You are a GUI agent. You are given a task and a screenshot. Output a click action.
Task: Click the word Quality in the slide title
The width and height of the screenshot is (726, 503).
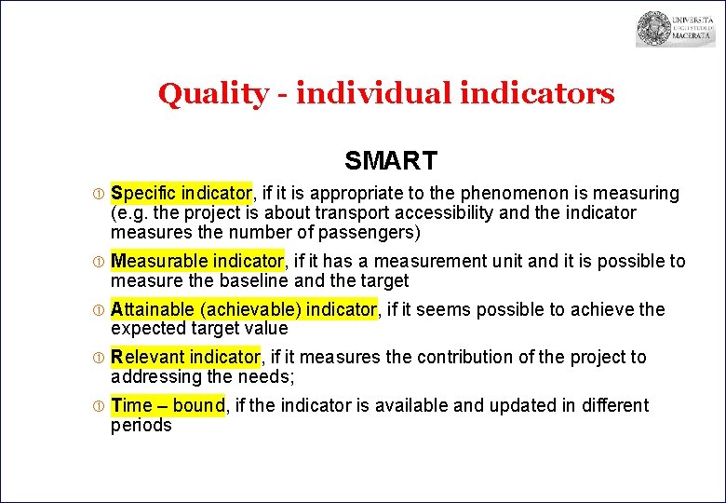211,94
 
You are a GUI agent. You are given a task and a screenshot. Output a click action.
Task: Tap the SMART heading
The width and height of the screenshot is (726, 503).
390,161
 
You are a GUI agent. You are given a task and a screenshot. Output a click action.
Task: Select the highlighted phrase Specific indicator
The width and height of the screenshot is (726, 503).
181,194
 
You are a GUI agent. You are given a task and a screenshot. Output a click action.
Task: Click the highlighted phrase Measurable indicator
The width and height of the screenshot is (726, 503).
196,262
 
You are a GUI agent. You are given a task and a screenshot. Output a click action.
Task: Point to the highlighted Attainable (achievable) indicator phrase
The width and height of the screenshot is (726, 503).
244,309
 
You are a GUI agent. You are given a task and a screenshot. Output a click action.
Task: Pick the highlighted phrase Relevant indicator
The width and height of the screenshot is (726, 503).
185,358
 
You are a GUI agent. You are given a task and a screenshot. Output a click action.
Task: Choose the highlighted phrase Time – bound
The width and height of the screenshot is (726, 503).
168,406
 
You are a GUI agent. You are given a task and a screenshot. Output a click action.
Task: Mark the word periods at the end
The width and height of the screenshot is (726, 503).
141,426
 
